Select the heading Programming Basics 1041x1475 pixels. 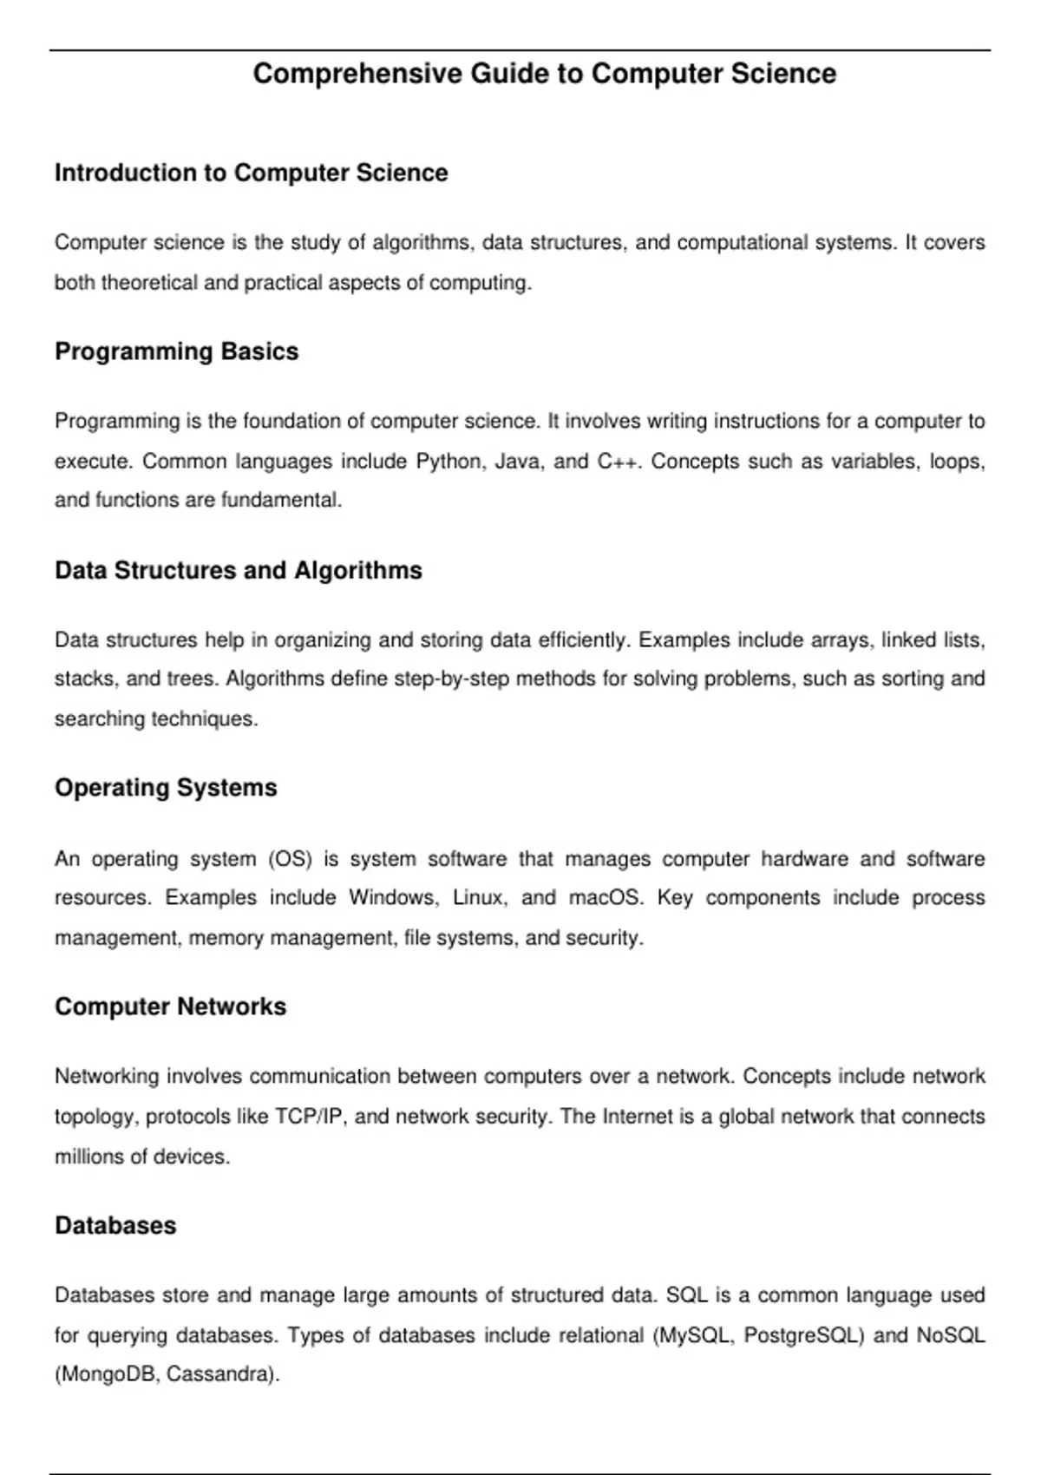tap(176, 351)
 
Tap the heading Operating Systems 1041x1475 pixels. tap(166, 788)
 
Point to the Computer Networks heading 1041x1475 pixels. tap(170, 1006)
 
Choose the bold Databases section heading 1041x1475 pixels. tap(115, 1225)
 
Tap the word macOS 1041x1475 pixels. tap(606, 897)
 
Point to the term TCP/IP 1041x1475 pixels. tap(310, 1116)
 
